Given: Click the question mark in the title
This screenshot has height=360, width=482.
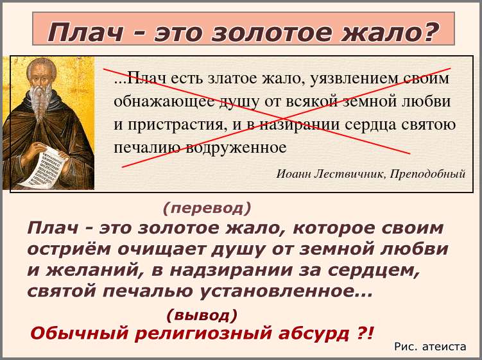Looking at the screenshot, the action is click(428, 32).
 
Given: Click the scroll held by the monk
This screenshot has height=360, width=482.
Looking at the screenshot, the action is click(43, 169).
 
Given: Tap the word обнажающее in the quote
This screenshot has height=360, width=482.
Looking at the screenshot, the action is click(164, 102).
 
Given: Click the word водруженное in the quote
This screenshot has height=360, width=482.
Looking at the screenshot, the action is click(236, 148).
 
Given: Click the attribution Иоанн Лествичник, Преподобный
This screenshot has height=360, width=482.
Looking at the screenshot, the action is click(371, 174).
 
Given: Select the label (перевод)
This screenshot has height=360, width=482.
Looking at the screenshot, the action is click(207, 209).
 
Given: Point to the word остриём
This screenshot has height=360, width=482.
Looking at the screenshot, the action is click(69, 250).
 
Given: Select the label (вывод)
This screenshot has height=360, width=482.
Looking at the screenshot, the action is click(202, 316).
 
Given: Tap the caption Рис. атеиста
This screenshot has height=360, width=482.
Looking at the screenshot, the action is click(430, 347).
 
